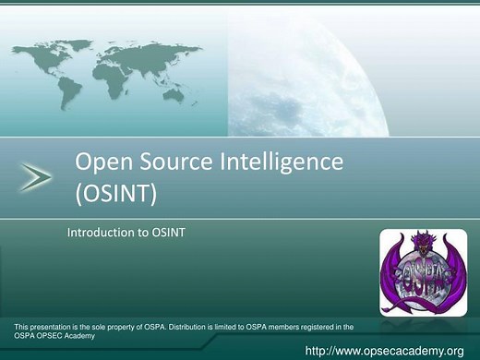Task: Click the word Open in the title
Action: coord(101,163)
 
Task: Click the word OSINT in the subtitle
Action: coord(169,233)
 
